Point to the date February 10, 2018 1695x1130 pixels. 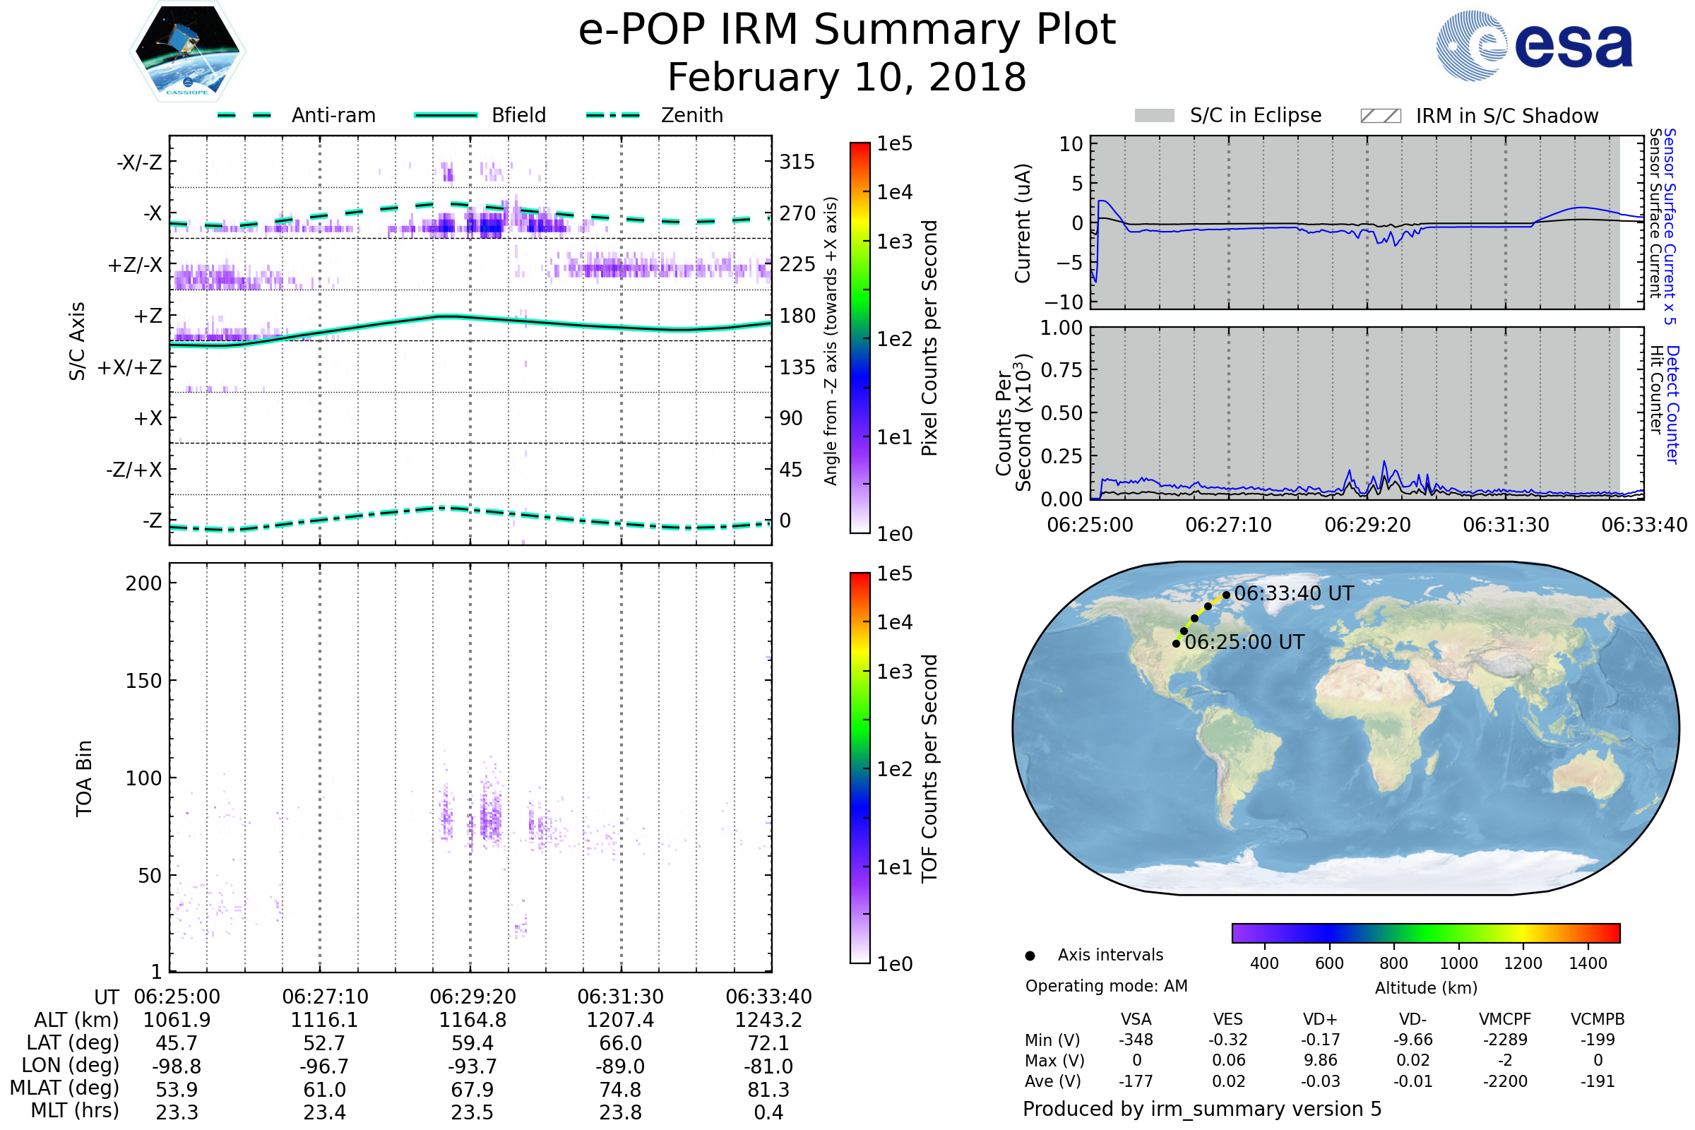click(847, 78)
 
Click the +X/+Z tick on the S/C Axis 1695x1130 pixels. click(130, 367)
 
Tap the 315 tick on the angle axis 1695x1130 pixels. click(797, 162)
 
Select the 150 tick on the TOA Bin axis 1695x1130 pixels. click(143, 681)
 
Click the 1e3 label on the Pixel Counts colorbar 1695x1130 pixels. click(894, 242)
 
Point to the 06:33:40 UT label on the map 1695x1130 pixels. click(1294, 594)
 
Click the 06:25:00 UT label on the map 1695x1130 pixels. click(1244, 642)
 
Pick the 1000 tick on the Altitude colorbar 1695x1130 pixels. click(1458, 963)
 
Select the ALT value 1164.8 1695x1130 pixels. click(472, 1021)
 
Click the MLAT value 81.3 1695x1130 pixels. click(768, 1090)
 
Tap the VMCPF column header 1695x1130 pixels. click(1505, 1020)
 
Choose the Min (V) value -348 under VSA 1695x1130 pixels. click(1136, 1040)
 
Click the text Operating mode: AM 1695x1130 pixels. click(1106, 986)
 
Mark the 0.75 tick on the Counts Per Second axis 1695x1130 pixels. click(1061, 370)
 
